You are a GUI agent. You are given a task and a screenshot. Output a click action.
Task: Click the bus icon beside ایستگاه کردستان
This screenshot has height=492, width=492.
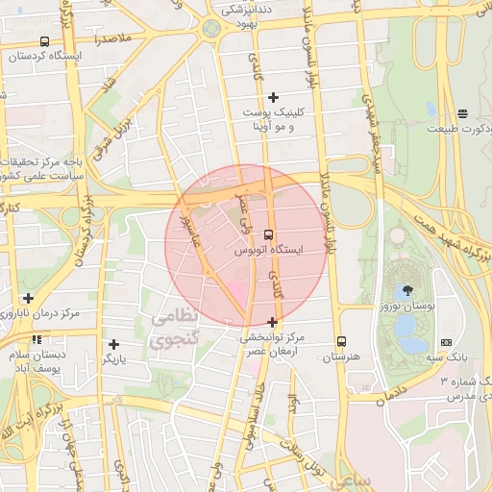(x=45, y=42)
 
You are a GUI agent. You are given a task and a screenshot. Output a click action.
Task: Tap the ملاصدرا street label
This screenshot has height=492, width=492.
(x=113, y=38)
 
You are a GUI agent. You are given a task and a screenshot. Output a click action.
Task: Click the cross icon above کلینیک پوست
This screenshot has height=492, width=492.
(x=274, y=97)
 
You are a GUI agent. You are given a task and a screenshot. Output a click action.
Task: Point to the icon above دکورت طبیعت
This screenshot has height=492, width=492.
(x=462, y=113)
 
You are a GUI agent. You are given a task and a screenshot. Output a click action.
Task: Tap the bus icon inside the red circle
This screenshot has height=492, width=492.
(x=267, y=234)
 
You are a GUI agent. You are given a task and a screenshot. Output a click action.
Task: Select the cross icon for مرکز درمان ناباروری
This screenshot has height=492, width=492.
(x=28, y=299)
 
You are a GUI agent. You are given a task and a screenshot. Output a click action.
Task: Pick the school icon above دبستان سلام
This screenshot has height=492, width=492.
(x=36, y=340)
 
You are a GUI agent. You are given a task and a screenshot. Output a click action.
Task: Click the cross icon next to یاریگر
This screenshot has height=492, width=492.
(x=114, y=344)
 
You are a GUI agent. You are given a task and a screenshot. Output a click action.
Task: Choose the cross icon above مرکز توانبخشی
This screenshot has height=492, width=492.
(x=273, y=322)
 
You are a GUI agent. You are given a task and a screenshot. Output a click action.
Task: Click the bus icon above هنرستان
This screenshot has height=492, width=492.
(x=341, y=341)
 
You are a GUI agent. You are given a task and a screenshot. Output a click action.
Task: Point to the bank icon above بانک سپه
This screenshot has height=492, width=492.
(x=446, y=342)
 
